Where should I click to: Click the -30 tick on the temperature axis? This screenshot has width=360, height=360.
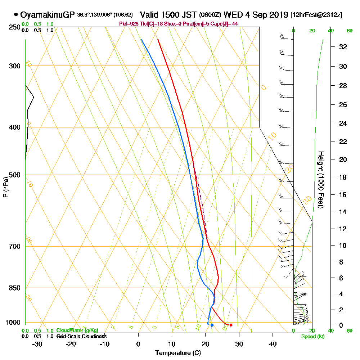[37, 344]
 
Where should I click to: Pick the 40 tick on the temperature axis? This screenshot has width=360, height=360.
[273, 344]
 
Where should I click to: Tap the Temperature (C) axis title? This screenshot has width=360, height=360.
[178, 353]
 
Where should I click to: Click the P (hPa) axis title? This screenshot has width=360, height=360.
[5, 187]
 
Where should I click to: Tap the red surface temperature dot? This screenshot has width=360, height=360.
[231, 325]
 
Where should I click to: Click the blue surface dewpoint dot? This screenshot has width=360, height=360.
[212, 325]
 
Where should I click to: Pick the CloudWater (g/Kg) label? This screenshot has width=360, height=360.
[77, 330]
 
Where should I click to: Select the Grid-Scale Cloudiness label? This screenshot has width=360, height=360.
[81, 336]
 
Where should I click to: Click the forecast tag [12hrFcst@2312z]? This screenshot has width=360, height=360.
[316, 15]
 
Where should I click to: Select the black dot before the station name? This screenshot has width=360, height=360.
[16, 15]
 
